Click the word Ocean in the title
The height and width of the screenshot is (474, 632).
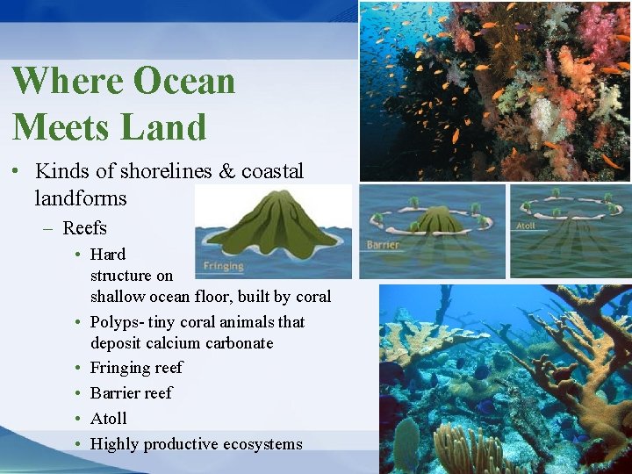(182, 81)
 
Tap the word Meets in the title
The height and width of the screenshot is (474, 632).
(61, 126)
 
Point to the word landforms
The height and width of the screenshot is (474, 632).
(80, 198)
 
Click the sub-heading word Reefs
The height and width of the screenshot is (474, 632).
(84, 228)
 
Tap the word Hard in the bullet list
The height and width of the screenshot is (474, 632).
(108, 255)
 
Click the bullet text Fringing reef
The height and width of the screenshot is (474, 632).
(136, 368)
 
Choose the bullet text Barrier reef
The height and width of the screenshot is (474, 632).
(132, 393)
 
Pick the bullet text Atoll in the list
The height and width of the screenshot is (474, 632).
(109, 419)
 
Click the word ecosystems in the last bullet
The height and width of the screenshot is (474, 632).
(258, 444)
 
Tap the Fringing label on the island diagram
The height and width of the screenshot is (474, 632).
(223, 265)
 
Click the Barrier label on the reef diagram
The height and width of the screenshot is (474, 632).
(384, 245)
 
